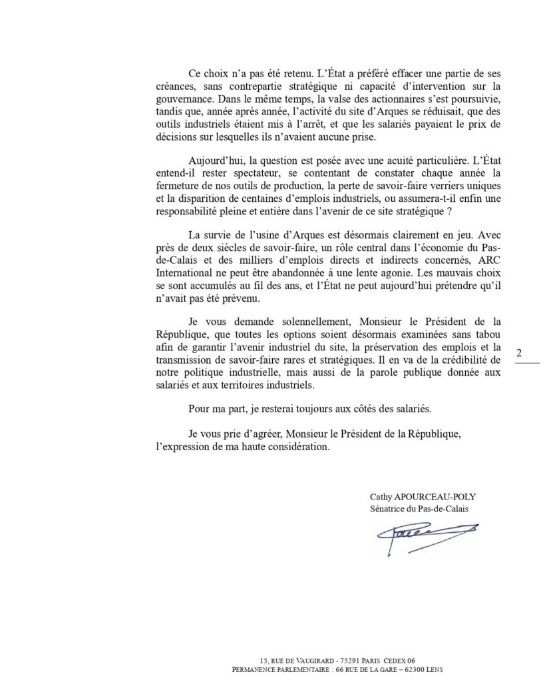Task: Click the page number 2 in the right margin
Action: point(519,354)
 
